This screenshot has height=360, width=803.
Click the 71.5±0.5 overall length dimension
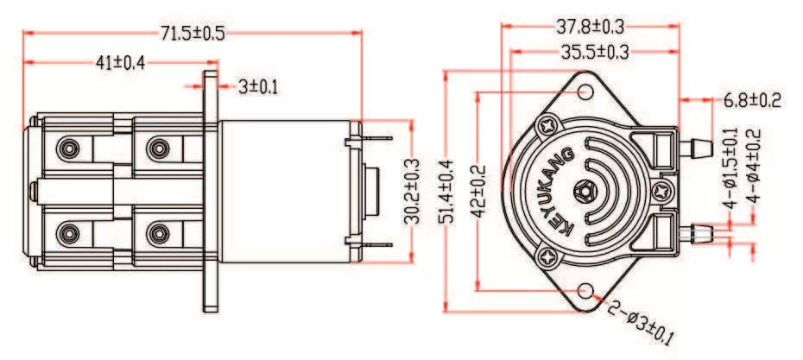pyautogui.click(x=192, y=32)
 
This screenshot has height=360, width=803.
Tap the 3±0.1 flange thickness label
pyautogui.click(x=258, y=86)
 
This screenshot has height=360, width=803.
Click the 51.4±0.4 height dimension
pyautogui.click(x=446, y=192)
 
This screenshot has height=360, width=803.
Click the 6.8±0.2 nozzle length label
pyautogui.click(x=750, y=101)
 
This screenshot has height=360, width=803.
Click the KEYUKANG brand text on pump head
pyautogui.click(x=558, y=192)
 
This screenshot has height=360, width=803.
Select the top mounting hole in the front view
pyautogui.click(x=585, y=92)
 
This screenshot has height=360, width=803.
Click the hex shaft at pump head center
pyautogui.click(x=585, y=191)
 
